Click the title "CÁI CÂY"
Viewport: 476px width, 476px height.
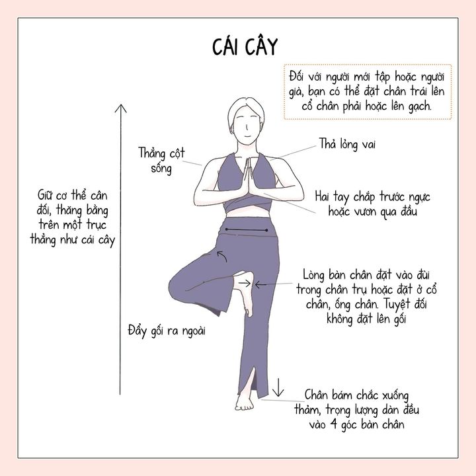(x=245, y=46)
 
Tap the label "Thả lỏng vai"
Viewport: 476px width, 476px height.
(x=347, y=144)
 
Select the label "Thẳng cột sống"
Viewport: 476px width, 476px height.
(x=161, y=161)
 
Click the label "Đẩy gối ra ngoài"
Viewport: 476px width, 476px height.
(x=167, y=331)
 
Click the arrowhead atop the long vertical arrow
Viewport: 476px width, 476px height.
(x=120, y=108)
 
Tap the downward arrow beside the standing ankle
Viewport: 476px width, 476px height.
(x=278, y=387)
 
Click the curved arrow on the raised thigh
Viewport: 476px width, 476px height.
(x=223, y=256)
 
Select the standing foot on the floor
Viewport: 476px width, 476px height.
(x=245, y=402)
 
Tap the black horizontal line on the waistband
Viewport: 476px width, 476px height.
(x=247, y=230)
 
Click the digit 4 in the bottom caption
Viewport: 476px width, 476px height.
(x=333, y=424)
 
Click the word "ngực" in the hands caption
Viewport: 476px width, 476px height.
(x=419, y=197)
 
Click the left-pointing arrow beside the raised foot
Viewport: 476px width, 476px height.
(x=260, y=285)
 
